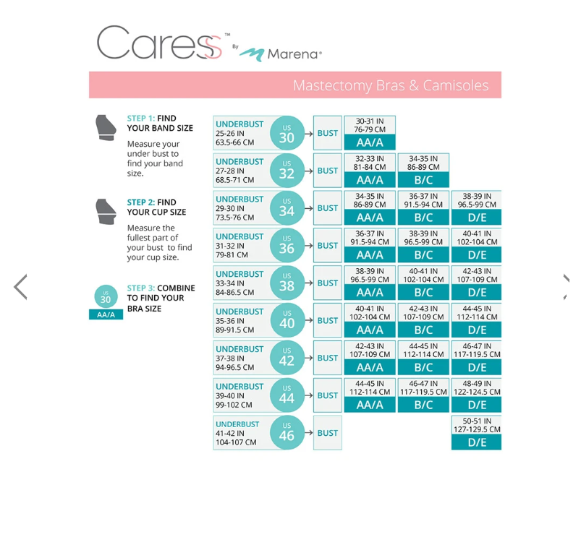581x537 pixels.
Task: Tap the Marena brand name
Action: (294, 54)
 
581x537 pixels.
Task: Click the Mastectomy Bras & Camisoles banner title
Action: (391, 85)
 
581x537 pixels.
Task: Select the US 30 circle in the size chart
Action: (287, 133)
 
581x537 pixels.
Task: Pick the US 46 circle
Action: (287, 433)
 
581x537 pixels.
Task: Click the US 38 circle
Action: (287, 283)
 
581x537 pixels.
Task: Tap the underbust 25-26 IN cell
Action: (239, 133)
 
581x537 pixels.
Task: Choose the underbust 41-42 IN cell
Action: (239, 433)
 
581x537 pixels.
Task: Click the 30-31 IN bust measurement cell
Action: (370, 125)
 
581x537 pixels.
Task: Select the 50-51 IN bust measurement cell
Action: (477, 425)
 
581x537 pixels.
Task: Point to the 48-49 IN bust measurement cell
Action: (477, 387)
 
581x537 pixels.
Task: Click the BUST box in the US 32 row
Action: (327, 171)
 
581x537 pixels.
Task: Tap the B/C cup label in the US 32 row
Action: (423, 180)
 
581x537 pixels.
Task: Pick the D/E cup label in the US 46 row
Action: (477, 442)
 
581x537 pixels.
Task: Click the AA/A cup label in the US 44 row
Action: (370, 405)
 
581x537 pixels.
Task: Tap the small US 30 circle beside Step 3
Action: (106, 296)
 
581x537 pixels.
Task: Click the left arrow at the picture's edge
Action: (20, 287)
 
